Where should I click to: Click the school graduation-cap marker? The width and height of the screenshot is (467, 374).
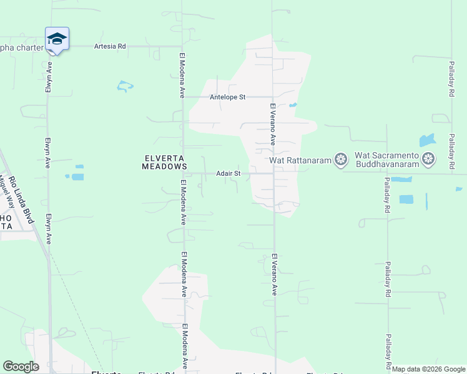(x=57, y=39)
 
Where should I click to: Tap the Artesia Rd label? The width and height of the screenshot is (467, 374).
(x=110, y=46)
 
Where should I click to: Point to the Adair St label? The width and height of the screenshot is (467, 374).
(x=229, y=173)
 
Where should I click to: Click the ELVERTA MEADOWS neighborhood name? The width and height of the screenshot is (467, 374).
(x=164, y=163)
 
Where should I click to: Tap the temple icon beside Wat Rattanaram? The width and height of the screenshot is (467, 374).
(x=340, y=160)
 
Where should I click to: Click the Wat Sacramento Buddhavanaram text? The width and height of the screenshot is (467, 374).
(x=386, y=160)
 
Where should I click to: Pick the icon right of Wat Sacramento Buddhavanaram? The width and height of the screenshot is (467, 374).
(x=428, y=160)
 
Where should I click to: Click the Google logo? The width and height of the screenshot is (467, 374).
(x=21, y=367)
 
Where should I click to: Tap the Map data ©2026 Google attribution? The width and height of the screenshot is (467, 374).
(x=429, y=370)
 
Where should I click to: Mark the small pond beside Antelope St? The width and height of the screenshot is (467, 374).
(x=293, y=105)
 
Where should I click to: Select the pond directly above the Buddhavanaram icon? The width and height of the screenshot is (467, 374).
(x=427, y=140)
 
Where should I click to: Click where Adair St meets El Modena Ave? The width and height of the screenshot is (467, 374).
(x=183, y=173)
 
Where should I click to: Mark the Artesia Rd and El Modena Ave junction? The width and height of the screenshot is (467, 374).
(x=182, y=46)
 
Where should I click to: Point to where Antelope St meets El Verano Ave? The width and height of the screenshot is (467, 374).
(x=273, y=97)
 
